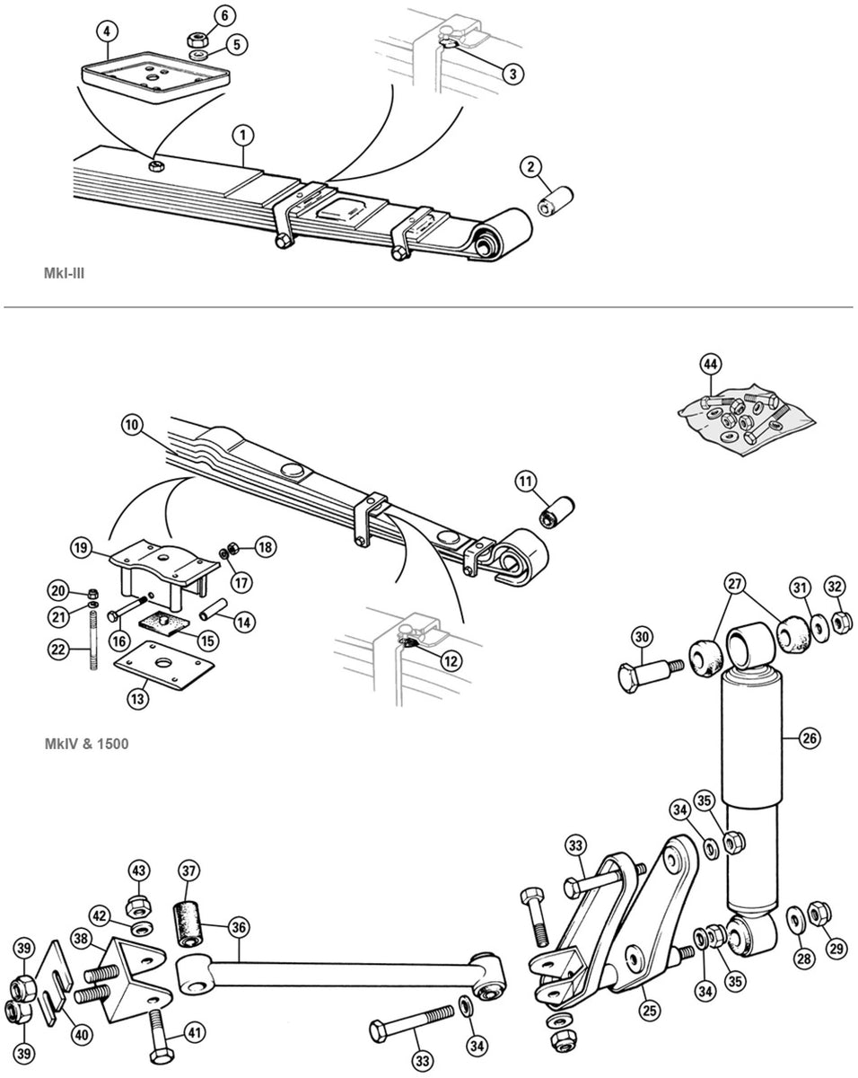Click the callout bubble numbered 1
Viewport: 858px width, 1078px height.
(241, 136)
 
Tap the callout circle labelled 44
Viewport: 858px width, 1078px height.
(710, 364)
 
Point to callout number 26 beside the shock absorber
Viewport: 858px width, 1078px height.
(809, 739)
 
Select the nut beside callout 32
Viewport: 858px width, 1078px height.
(842, 620)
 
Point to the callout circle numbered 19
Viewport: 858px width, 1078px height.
(82, 547)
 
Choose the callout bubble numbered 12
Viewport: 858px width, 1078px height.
(450, 660)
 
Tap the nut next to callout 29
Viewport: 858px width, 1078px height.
(819, 915)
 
